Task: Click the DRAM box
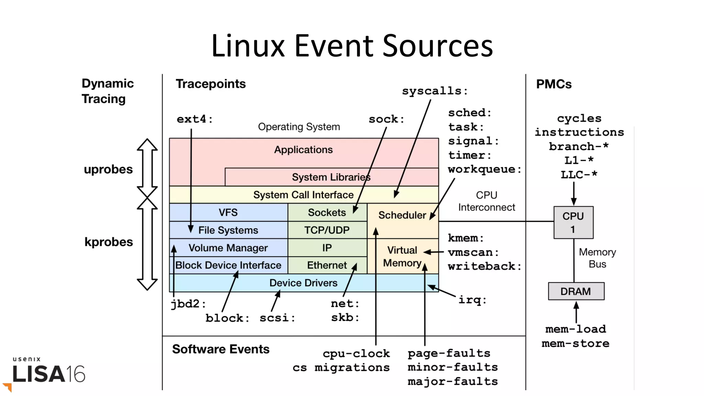(576, 291)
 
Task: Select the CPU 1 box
(573, 223)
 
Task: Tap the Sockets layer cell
(327, 213)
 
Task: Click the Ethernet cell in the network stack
(327, 265)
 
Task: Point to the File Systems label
(228, 230)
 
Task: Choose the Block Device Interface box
(228, 265)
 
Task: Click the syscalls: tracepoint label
(434, 91)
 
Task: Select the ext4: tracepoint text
(195, 119)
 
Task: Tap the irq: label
(472, 300)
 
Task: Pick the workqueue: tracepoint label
(484, 169)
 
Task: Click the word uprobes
(108, 169)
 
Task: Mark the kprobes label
(108, 242)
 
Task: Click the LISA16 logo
(48, 373)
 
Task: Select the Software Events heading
(221, 349)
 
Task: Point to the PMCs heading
(553, 84)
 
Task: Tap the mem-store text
(575, 343)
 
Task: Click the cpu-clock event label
(356, 353)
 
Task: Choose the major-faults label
(452, 381)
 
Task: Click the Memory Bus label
(597, 258)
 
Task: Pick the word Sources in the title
(437, 46)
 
